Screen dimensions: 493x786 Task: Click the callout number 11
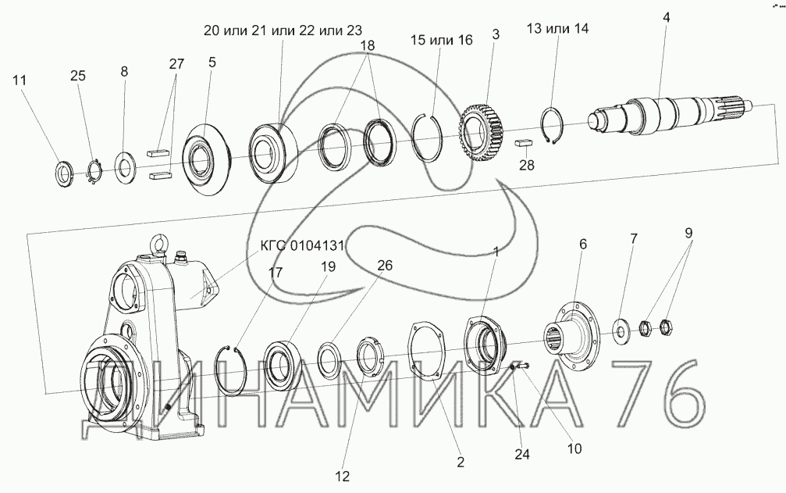click(20, 80)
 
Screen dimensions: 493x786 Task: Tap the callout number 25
click(78, 76)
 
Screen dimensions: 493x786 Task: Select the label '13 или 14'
click(557, 28)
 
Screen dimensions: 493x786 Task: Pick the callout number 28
click(528, 165)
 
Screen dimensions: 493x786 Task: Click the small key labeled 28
click(524, 143)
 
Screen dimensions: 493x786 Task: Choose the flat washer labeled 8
click(125, 166)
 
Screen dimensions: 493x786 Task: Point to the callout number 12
click(343, 475)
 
